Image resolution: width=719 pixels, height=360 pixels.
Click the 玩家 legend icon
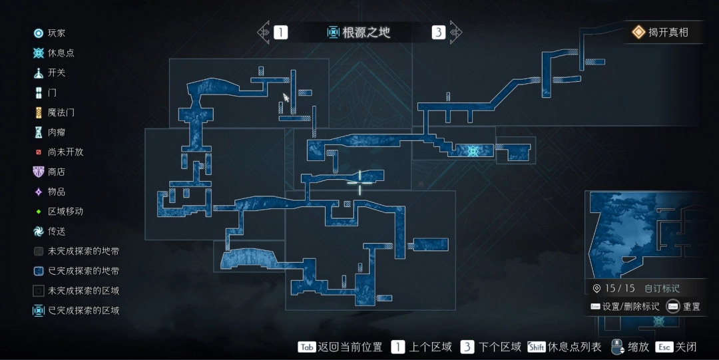point(39,33)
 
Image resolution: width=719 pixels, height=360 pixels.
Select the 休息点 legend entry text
point(61,53)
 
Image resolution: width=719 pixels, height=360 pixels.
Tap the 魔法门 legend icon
point(39,112)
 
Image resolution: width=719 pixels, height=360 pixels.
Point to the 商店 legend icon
point(39,172)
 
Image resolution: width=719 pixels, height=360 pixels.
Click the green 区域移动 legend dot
point(39,212)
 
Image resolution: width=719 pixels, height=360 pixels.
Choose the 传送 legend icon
point(39,232)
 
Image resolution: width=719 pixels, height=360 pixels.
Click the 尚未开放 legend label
point(65,152)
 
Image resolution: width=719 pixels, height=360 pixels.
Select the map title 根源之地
point(366,32)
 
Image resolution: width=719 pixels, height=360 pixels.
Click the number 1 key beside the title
point(281,32)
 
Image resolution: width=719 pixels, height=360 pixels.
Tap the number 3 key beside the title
point(438,32)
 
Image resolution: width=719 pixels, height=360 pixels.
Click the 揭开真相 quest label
point(668,32)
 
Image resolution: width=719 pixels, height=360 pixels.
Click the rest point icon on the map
point(473,150)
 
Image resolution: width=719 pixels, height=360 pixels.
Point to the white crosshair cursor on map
point(360,182)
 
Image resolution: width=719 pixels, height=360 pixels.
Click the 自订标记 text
point(662,288)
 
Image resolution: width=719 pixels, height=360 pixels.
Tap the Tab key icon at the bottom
point(306,347)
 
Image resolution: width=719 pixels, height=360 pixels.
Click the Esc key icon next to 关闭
point(664,347)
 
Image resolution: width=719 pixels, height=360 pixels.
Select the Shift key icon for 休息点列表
point(536,347)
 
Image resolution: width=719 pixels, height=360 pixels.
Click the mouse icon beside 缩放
point(618,347)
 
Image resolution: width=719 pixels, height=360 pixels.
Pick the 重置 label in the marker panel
point(692,306)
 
